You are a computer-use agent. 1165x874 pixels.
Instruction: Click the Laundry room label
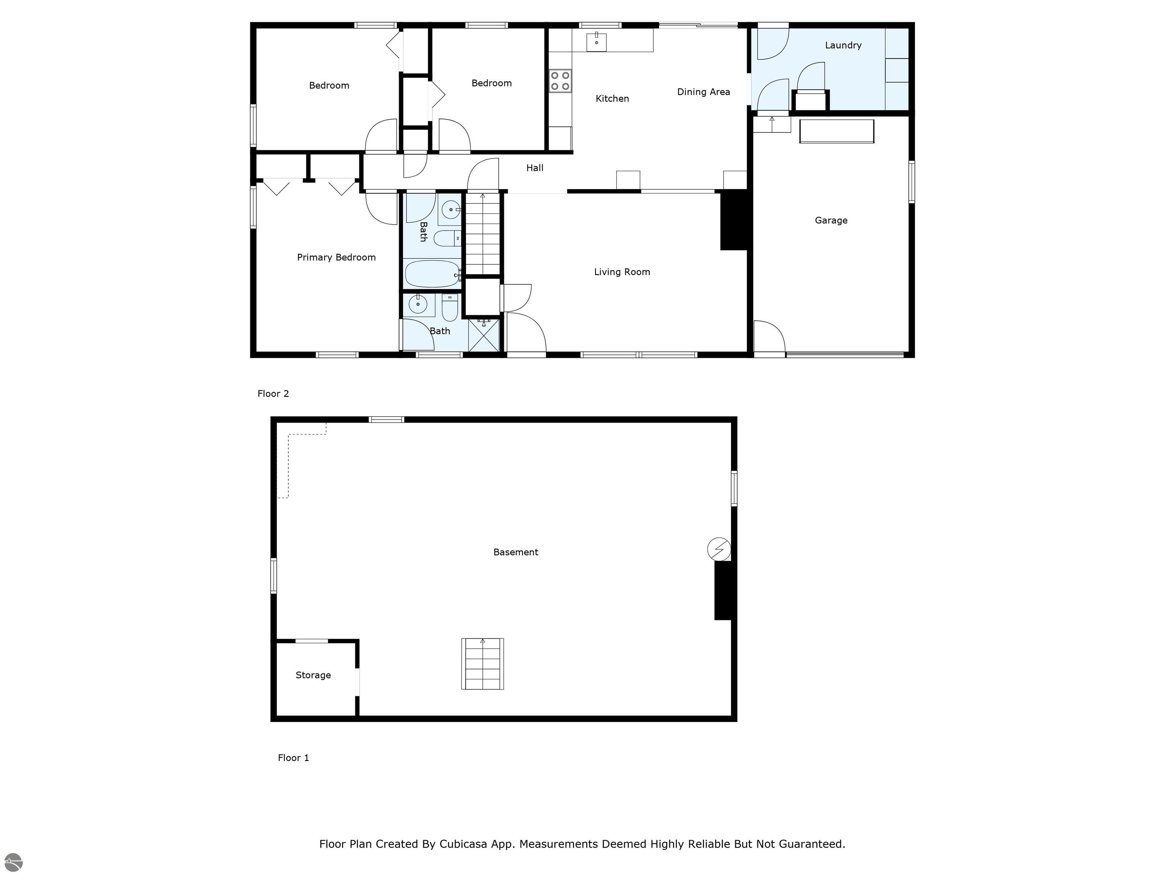(843, 45)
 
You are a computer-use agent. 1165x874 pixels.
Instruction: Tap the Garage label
(831, 220)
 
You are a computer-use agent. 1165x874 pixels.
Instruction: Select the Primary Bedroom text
(336, 257)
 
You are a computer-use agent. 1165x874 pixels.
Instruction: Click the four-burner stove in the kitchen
(561, 81)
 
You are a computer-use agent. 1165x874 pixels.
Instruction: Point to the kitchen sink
(596, 41)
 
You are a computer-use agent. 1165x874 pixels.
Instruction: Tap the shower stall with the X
(484, 335)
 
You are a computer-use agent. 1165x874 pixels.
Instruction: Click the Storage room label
(313, 675)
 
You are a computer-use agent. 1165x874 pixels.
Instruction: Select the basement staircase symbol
(482, 664)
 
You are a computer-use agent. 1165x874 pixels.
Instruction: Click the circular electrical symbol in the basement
(719, 549)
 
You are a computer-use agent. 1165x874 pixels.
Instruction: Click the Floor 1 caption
(294, 758)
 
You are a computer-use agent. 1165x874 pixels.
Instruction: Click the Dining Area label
(703, 92)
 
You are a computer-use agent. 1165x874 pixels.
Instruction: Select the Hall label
(535, 168)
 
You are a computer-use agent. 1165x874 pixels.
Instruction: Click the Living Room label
(622, 272)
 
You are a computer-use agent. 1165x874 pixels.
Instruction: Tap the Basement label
(516, 552)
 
